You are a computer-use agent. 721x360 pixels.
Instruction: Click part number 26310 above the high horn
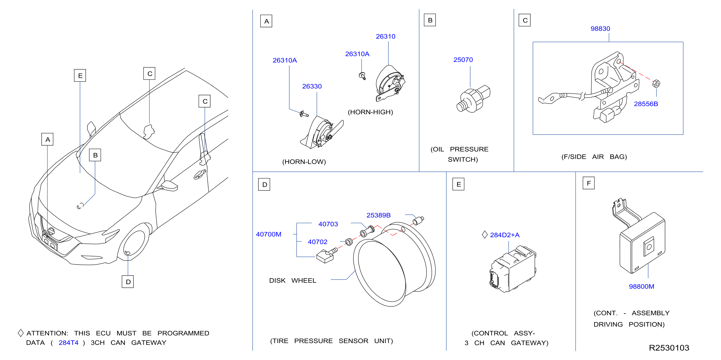tap(385, 36)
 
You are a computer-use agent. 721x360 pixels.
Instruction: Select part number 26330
tap(312, 86)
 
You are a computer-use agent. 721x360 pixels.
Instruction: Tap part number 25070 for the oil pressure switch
tap(463, 60)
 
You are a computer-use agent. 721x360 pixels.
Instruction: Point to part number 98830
tap(600, 29)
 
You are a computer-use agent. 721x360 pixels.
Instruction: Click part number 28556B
tap(646, 104)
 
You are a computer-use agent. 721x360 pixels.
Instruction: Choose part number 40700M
tap(268, 234)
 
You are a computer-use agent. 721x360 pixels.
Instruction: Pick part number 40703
tap(328, 224)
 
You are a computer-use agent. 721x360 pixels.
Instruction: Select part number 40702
tap(317, 242)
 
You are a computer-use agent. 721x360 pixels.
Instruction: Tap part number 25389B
tap(378, 215)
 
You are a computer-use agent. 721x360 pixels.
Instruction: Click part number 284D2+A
tap(505, 235)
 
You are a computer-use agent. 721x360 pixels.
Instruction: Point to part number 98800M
tap(641, 286)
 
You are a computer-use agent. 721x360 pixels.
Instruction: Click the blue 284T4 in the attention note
tap(68, 343)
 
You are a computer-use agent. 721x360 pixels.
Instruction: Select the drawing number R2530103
tap(669, 348)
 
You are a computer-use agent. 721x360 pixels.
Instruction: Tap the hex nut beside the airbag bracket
tap(656, 83)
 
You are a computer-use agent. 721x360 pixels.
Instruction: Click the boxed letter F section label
tap(589, 183)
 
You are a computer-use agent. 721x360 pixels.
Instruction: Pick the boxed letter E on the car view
tap(80, 76)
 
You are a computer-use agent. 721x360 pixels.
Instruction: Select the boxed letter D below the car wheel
tap(128, 282)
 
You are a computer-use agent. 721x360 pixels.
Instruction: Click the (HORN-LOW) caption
tap(304, 162)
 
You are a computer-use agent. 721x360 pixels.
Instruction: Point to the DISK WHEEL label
tap(292, 280)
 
